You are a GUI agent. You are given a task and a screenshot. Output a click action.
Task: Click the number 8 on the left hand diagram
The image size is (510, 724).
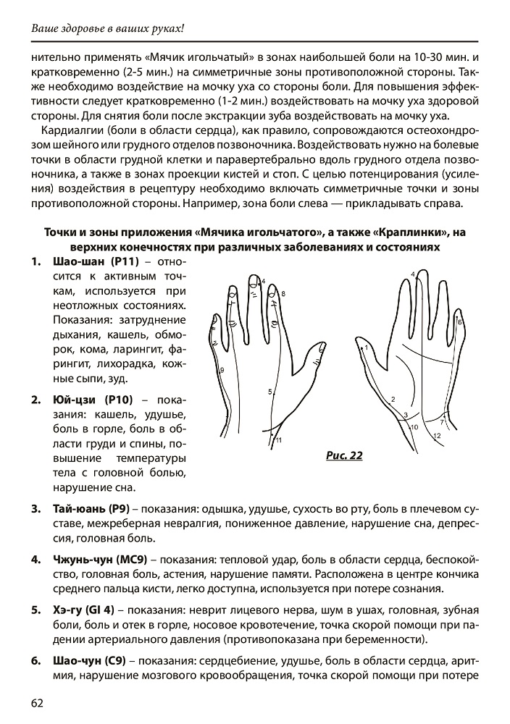click(283, 294)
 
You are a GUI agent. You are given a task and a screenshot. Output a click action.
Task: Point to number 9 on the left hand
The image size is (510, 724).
click(222, 370)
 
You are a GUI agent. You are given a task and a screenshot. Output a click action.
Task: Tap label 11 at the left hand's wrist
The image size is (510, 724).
click(278, 440)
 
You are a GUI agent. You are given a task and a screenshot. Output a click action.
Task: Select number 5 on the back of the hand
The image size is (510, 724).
click(269, 392)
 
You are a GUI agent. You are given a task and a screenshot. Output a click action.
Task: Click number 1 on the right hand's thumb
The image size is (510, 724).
click(367, 348)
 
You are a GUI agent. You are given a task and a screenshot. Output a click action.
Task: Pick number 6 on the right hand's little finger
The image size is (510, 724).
click(460, 321)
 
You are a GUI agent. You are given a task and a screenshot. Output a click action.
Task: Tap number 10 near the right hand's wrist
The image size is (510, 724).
click(414, 428)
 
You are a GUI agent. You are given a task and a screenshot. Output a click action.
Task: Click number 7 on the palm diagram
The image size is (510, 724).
click(442, 421)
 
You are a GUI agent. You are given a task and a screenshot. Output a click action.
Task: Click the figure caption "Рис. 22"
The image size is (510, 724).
click(344, 455)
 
